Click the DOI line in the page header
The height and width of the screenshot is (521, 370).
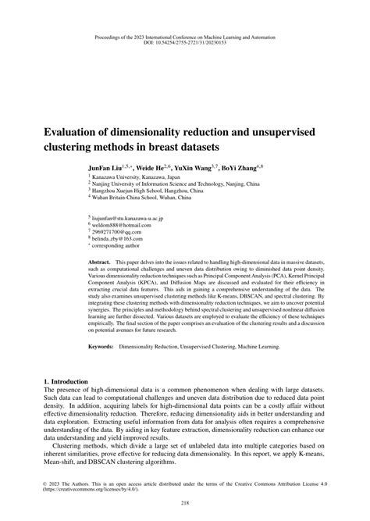point(185,44)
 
